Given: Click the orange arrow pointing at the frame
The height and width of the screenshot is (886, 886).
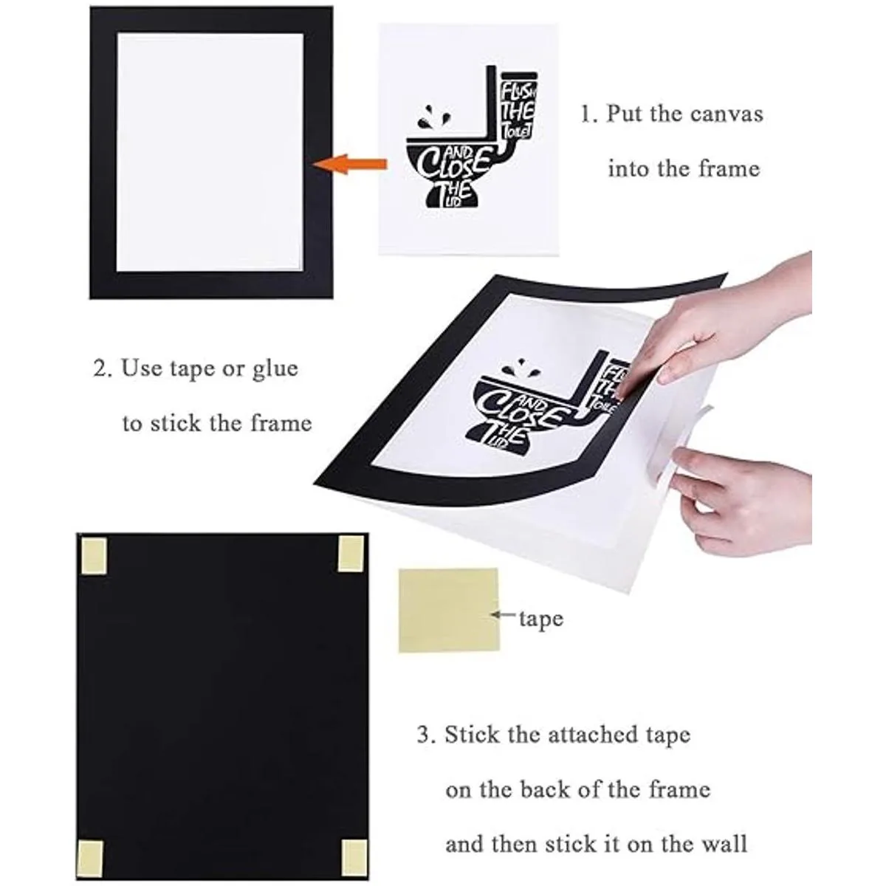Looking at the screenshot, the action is click(349, 165).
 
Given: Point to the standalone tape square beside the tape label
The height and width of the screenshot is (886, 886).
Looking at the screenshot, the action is click(448, 610).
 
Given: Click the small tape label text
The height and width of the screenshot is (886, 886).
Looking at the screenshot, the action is click(540, 619).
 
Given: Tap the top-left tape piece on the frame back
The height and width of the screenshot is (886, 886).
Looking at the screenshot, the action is click(94, 556).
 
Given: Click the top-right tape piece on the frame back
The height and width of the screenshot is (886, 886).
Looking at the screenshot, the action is click(351, 554).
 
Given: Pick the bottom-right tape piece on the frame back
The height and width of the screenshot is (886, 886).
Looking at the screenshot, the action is click(354, 845).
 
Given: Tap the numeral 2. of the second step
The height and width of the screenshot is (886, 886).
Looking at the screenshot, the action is click(102, 368).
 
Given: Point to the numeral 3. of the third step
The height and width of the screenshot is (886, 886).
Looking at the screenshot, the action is click(426, 734).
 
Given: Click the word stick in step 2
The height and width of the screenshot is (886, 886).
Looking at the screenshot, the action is click(175, 423).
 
